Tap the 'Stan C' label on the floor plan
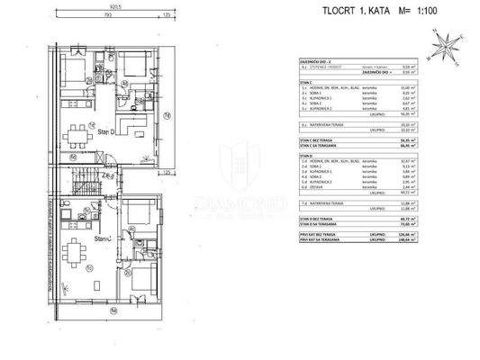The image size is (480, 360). click(104, 238)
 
